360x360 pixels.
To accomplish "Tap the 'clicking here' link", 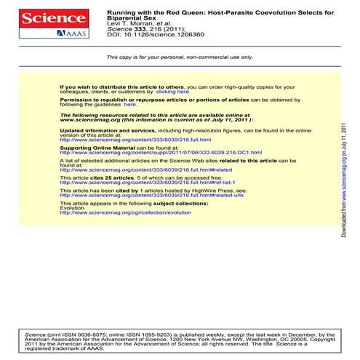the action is pos(173,92).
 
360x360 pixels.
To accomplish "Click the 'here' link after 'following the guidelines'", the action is pos(130,104).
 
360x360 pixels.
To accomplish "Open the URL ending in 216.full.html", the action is pos(135,140).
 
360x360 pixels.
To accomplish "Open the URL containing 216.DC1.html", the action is pos(161,153).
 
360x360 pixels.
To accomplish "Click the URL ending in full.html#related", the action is pos(145,170).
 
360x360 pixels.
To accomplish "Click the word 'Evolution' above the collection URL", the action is pos(72,208).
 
